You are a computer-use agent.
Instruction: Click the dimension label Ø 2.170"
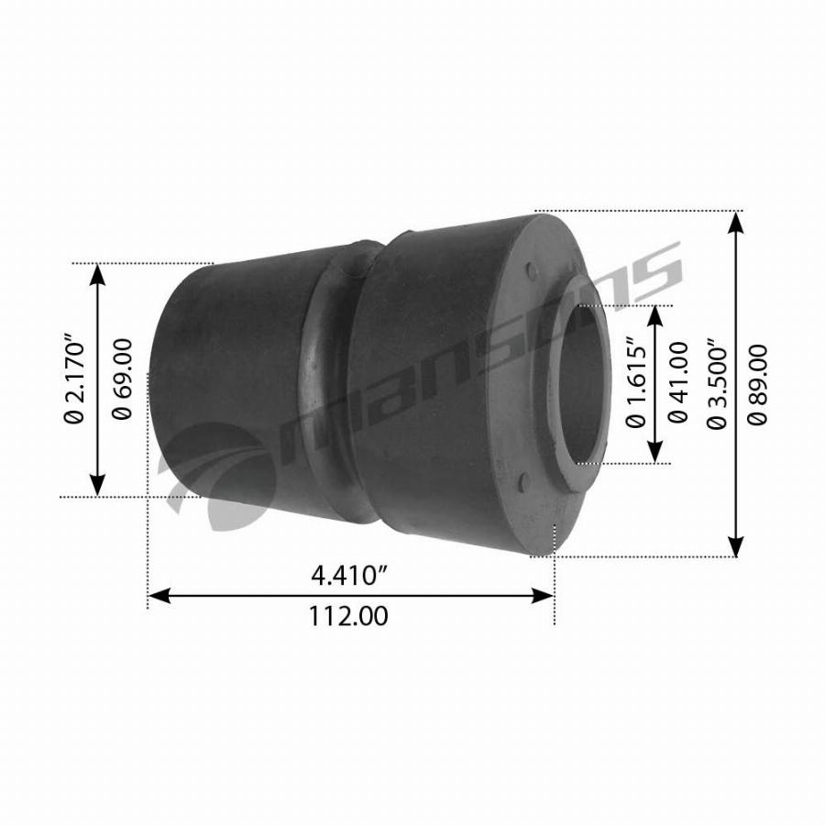point(73,379)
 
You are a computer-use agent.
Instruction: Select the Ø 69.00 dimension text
point(122,379)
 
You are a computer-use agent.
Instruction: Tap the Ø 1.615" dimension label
point(635,382)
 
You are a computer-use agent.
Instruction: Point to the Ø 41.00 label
point(678,382)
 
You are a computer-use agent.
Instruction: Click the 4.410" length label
point(349,575)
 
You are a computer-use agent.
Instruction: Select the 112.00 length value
point(348,616)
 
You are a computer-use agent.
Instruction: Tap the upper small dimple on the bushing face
point(532,271)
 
